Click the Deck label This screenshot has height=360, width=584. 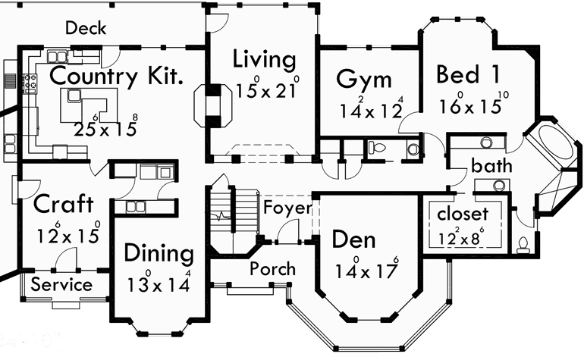(86, 29)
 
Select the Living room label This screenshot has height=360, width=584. (264, 58)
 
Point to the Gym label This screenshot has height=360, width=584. (364, 80)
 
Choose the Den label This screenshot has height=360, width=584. (354, 240)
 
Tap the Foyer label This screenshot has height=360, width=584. (287, 208)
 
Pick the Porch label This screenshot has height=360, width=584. (273, 269)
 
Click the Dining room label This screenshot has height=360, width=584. (159, 252)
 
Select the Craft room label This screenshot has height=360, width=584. (64, 204)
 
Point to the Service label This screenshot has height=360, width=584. (61, 285)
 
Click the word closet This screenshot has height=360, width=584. (463, 214)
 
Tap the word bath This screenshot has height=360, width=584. (491, 165)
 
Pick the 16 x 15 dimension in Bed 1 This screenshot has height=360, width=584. (470, 105)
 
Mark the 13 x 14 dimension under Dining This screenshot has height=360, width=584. (158, 283)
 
